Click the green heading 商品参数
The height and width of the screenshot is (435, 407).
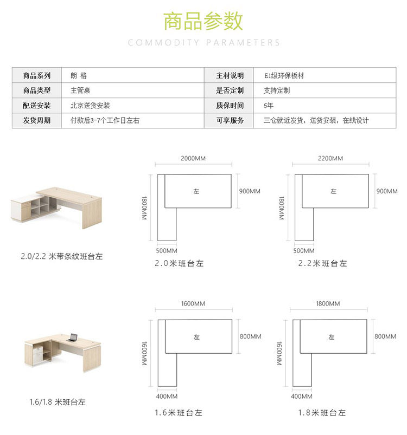coord(203,21)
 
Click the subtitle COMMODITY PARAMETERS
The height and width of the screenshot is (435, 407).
coord(204,42)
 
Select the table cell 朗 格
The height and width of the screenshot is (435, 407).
coord(79,76)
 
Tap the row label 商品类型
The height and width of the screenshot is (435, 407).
coord(36,90)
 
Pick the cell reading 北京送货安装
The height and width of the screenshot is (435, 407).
coord(90,106)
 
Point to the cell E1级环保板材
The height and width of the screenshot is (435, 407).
coord(284,76)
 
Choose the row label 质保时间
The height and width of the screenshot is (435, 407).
coord(230,106)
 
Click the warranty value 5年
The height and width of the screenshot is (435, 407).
coord(269,106)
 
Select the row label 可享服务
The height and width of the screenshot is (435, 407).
coord(230,120)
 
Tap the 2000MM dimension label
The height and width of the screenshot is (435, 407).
coord(193,159)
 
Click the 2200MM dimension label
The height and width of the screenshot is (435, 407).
coord(330,159)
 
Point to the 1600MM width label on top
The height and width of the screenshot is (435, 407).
coord(193,303)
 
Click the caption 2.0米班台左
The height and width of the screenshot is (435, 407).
coord(179,264)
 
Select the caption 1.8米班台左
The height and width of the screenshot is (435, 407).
coord(322,413)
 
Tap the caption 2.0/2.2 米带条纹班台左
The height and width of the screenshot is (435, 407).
coord(61,256)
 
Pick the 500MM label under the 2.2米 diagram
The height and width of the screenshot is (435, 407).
coord(304,251)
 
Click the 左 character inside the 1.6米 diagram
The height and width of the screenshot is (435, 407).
coord(196,337)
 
